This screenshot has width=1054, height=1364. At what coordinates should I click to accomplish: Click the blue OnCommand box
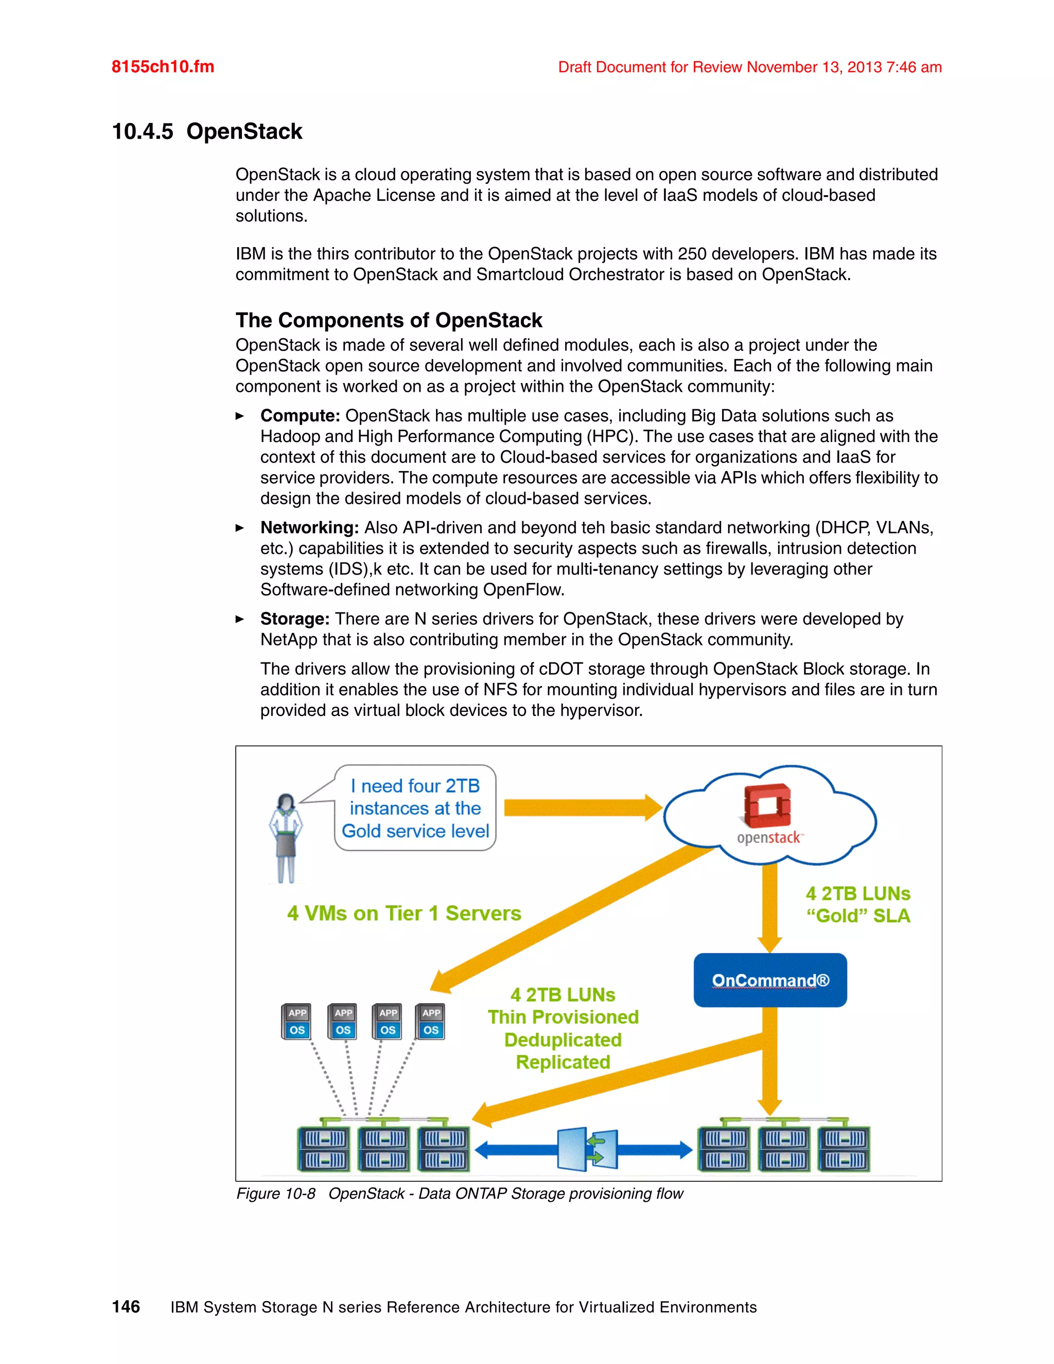770,980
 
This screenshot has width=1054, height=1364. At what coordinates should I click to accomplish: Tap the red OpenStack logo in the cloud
767,805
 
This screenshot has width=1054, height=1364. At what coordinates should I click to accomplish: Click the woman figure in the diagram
285,837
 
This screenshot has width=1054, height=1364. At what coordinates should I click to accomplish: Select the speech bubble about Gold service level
415,808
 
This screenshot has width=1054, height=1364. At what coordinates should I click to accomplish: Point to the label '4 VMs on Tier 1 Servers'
404,913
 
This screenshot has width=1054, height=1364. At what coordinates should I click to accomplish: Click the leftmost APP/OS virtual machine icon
296,1022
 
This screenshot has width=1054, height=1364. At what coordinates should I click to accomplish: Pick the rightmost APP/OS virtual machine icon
431,1022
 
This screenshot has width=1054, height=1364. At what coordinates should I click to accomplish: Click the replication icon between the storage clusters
586,1149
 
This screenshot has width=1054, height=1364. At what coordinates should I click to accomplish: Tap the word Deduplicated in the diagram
563,1040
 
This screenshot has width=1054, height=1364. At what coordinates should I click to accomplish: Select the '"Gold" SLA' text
858,916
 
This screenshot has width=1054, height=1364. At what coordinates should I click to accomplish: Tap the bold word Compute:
300,416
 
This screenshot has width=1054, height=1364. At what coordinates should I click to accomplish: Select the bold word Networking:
309,528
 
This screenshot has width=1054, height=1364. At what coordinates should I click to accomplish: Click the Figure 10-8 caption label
275,1194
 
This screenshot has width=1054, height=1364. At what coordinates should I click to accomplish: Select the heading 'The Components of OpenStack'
389,320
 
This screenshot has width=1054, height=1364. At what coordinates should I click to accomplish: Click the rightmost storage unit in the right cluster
844,1149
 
